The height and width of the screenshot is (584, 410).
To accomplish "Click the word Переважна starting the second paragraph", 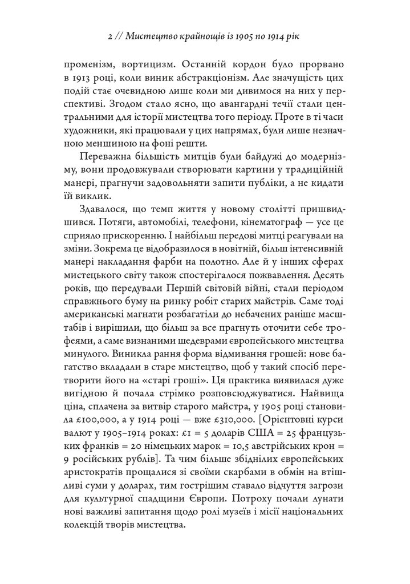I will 105,157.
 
